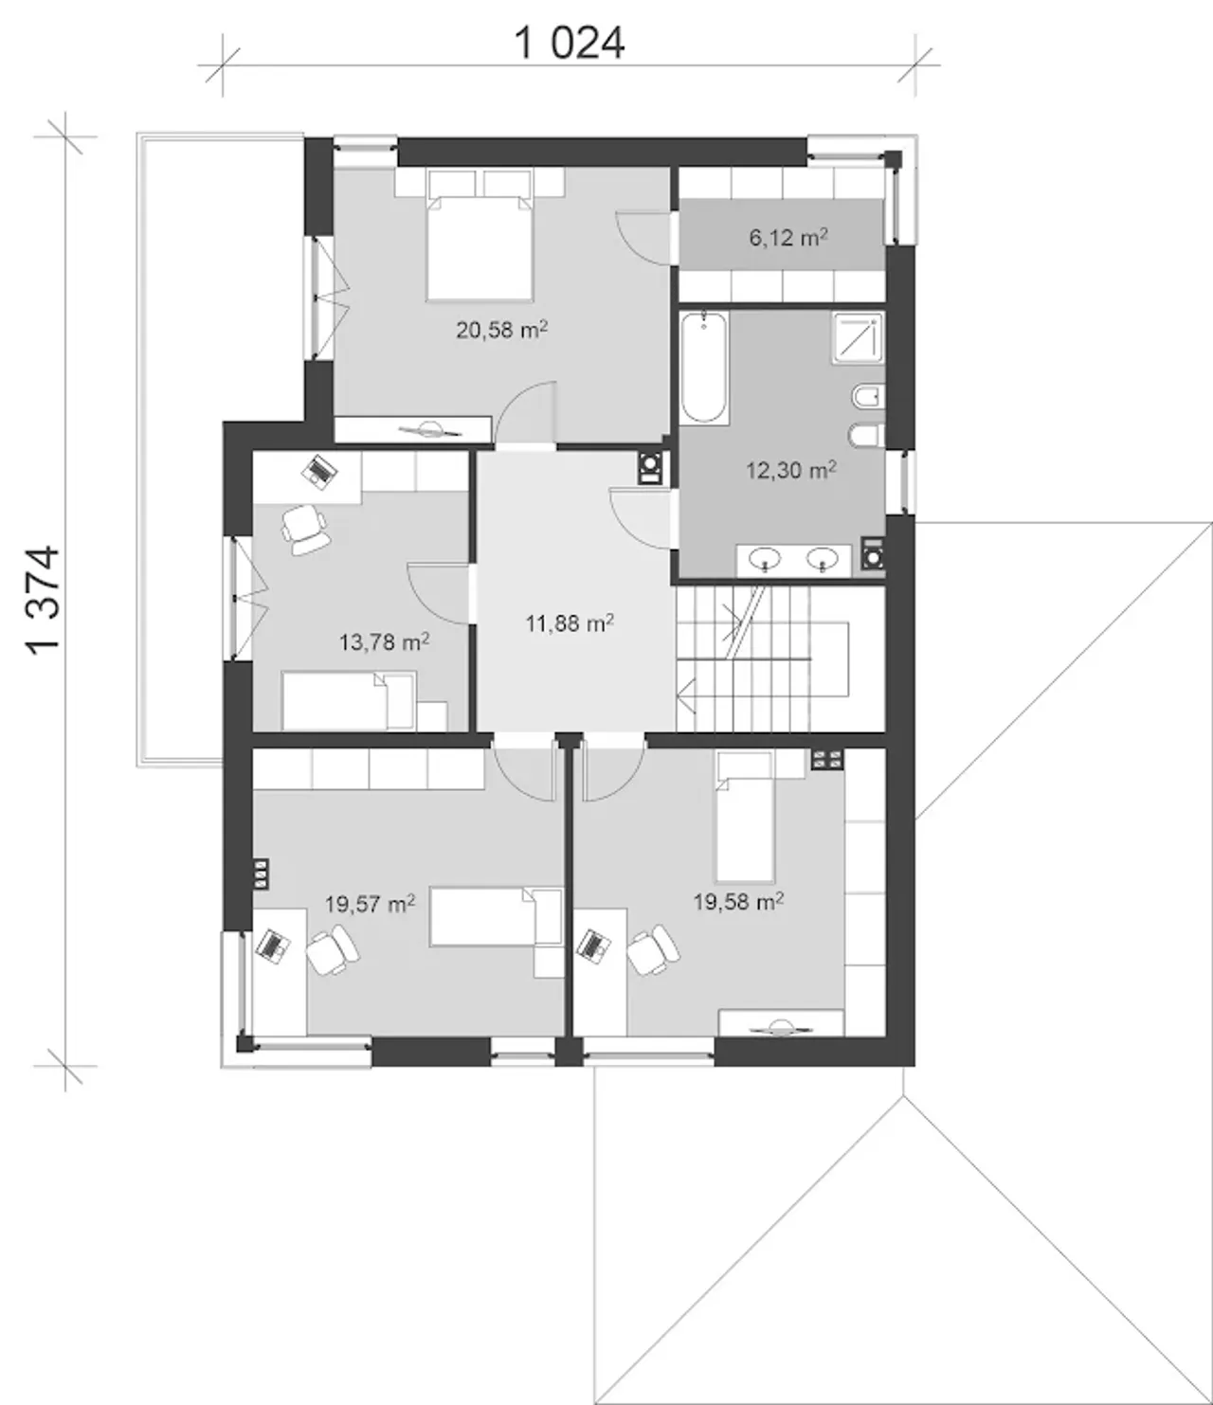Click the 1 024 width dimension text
[x=570, y=44]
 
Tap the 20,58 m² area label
[x=502, y=331]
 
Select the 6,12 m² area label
[x=788, y=238]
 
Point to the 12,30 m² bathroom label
[x=791, y=470]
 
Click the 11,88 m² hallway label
[x=570, y=622]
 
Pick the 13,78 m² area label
[x=384, y=641]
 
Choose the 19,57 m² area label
[x=370, y=905]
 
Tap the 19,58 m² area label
[x=738, y=902]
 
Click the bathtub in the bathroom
[x=704, y=368]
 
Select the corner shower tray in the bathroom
[x=858, y=338]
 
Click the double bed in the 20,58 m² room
[x=480, y=235]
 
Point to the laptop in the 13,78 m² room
[x=319, y=470]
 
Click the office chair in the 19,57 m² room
[x=333, y=949]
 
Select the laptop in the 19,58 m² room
[x=594, y=946]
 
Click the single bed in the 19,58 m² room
[x=744, y=817]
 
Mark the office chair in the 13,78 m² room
[x=305, y=530]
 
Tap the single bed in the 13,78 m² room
[x=349, y=701]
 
